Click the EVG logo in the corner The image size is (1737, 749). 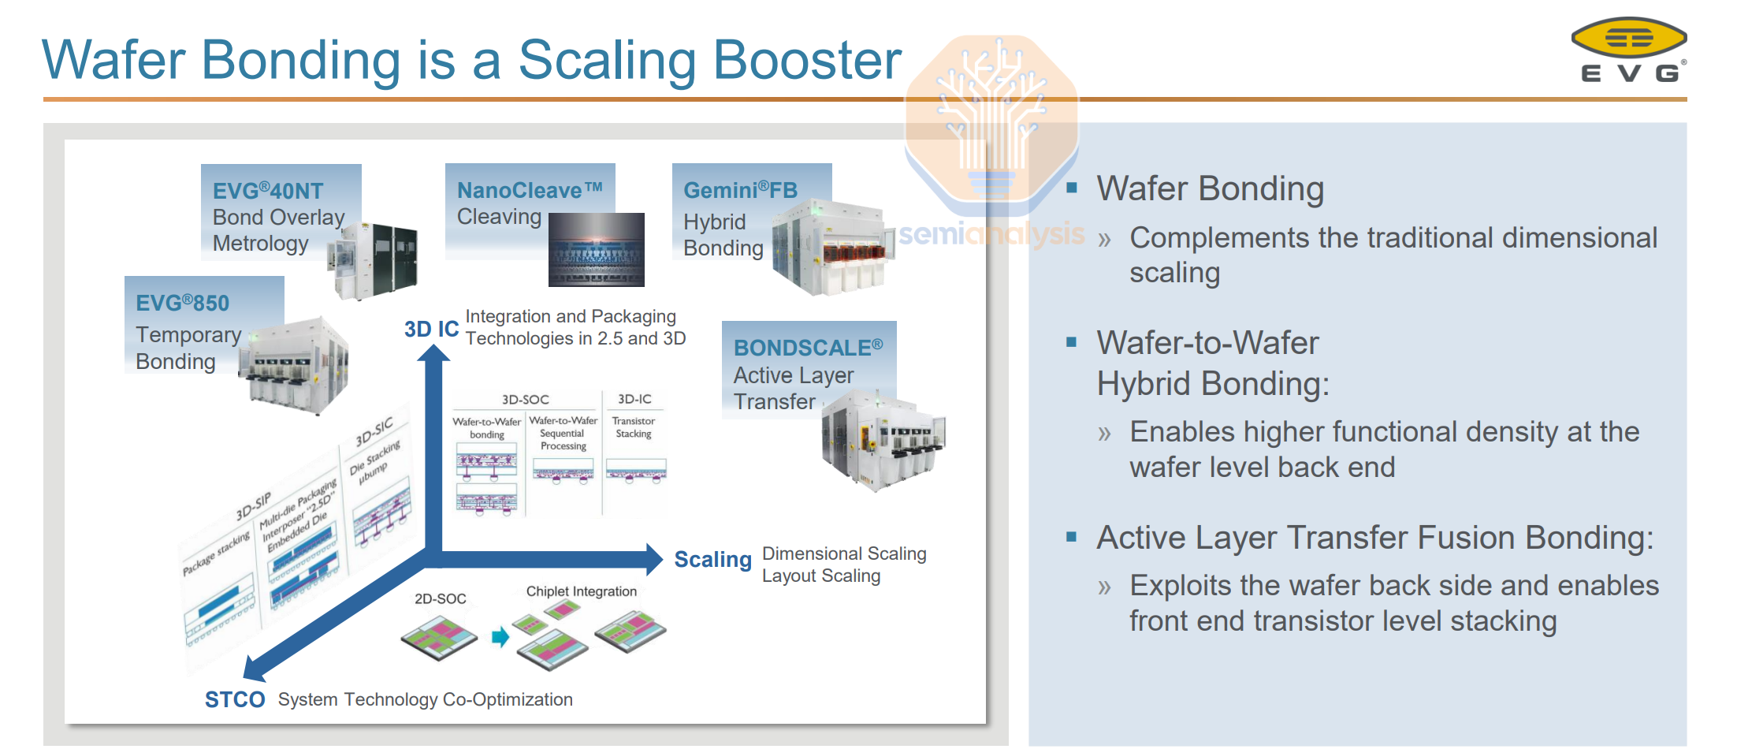[1628, 49]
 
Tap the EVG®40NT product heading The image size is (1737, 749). [268, 191]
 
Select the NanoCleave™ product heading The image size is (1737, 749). [530, 190]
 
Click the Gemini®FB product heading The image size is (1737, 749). [740, 190]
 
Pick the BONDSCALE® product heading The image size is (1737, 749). [808, 348]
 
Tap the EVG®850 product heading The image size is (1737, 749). [182, 303]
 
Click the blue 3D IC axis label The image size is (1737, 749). [431, 329]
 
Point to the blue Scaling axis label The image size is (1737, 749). [712, 560]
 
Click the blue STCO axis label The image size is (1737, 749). [234, 699]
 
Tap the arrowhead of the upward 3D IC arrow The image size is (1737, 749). [433, 352]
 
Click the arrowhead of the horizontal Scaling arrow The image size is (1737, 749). [654, 559]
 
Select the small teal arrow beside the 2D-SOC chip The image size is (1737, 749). [500, 636]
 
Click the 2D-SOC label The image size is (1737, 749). [440, 598]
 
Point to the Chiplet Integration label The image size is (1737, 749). [581, 591]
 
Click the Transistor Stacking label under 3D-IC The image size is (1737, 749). [634, 427]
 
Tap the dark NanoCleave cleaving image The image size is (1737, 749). [596, 249]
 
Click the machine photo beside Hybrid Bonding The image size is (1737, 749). [831, 248]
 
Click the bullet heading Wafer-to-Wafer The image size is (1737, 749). [1207, 343]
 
